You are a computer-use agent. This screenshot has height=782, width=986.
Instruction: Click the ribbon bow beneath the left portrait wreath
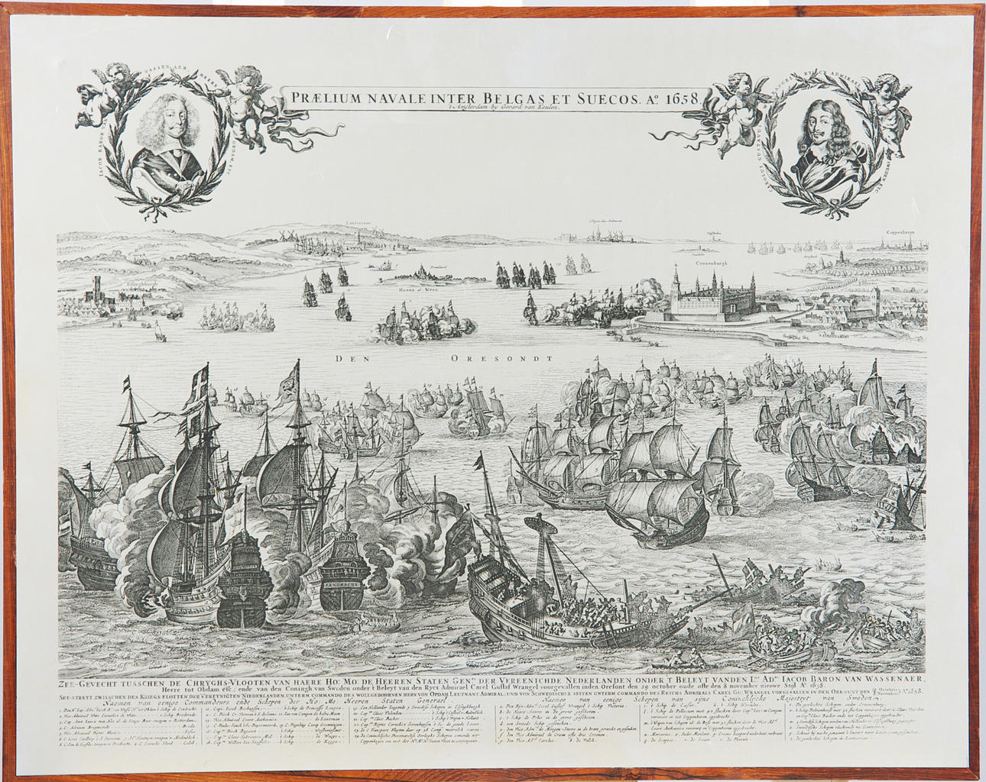pos(167,200)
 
